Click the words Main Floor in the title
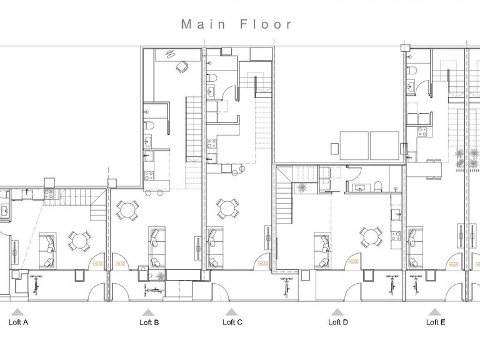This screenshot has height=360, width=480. click(236, 24)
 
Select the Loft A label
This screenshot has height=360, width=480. click(17, 322)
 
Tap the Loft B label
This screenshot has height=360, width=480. click(148, 322)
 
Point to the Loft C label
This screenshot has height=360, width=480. click(232, 322)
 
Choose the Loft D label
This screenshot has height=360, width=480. click(337, 322)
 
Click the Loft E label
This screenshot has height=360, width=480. click(435, 322)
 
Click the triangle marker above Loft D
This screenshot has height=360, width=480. click(337, 311)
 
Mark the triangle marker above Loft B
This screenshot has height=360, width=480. click(148, 311)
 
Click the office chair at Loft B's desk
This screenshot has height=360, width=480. click(182, 66)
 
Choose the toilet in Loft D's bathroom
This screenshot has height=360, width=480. click(379, 184)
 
